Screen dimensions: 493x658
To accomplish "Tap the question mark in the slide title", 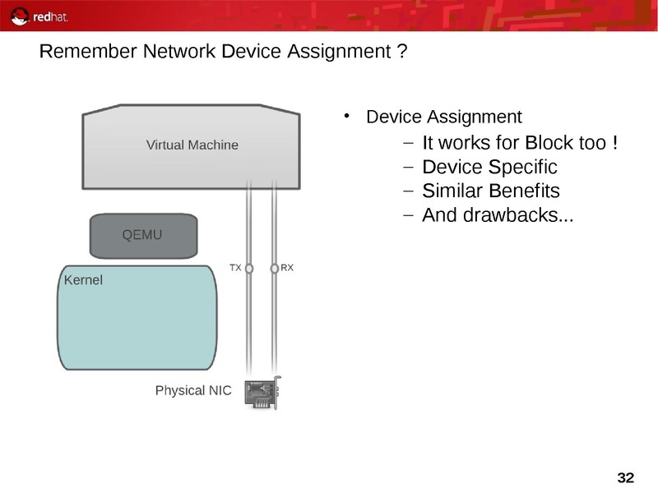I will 401,53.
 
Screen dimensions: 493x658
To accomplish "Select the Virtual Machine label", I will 192,145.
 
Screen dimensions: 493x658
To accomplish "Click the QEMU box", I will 143,235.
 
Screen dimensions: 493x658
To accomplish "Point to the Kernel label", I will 83,280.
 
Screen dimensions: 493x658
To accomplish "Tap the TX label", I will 235,268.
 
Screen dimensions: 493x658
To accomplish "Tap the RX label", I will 287,268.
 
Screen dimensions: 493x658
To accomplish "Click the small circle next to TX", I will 249,268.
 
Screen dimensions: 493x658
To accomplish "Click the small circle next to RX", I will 274,268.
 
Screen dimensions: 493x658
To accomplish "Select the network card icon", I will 263,393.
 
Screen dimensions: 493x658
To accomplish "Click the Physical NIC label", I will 193,390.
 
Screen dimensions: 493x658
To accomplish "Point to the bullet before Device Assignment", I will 348,116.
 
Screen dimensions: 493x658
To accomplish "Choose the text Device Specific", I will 489,168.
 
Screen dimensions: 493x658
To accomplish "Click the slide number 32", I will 625,478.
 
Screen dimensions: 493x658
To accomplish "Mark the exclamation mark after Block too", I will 614,143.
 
